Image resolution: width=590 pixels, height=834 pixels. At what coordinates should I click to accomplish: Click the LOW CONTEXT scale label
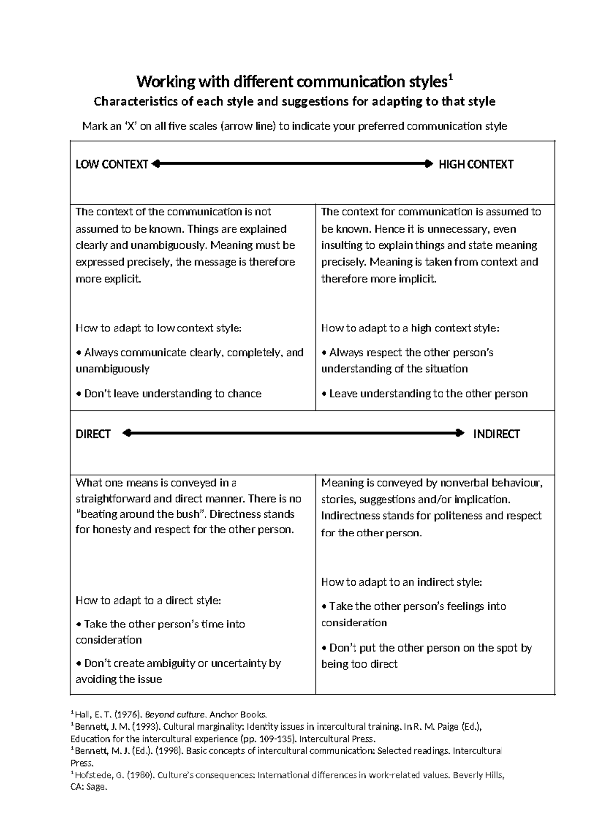[112, 165]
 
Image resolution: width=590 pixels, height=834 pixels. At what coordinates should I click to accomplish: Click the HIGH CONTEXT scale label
[475, 165]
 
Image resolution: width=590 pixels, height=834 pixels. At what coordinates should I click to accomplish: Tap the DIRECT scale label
[93, 434]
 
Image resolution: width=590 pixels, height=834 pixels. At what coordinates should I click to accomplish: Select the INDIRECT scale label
[496, 434]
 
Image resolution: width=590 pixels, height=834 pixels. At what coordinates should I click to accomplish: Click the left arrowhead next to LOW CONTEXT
[156, 164]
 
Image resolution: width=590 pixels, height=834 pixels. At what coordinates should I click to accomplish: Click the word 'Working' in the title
[159, 81]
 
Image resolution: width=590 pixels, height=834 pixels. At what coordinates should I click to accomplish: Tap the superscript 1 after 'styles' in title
[451, 77]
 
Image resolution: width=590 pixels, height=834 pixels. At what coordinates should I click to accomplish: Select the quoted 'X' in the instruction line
[130, 126]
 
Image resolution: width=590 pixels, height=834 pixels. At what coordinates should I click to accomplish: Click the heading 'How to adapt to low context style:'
[158, 328]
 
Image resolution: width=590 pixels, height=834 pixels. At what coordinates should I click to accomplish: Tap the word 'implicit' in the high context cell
[417, 279]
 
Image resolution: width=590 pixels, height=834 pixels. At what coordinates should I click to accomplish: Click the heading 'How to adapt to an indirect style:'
[401, 582]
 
